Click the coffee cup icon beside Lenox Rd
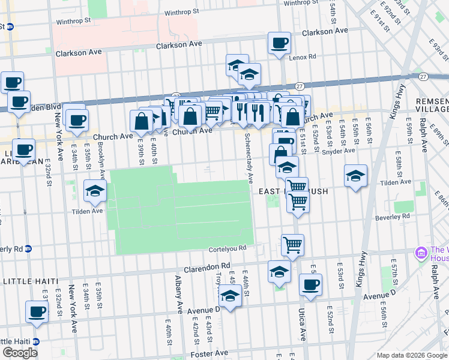tap(279, 44)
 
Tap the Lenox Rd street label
tap(303, 57)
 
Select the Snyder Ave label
tap(339, 152)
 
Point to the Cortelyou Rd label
tap(228, 248)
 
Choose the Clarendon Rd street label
tap(207, 266)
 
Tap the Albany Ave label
tap(178, 295)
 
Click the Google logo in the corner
tap(20, 353)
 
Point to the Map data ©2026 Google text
tap(412, 355)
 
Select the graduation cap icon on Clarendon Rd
tap(279, 272)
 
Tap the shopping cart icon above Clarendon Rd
tap(292, 244)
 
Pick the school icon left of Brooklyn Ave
tap(95, 191)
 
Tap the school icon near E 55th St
tap(355, 175)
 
